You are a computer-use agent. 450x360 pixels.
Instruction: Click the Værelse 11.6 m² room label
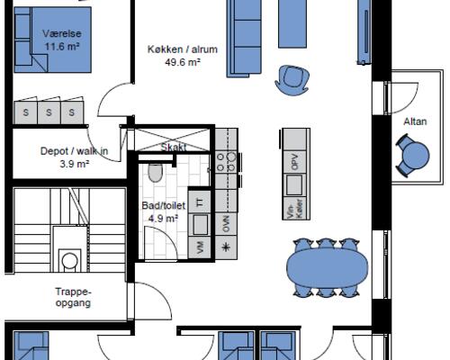tap(62, 40)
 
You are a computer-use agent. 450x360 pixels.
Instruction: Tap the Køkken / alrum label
tap(183, 49)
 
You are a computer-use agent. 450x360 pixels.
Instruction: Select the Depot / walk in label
tap(74, 151)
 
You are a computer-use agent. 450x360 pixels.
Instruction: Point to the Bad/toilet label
tap(164, 206)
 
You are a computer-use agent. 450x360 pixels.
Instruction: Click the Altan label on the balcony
tap(415, 121)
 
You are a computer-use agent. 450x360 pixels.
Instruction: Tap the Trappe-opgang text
tap(73, 297)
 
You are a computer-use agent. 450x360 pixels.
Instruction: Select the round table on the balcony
tap(416, 156)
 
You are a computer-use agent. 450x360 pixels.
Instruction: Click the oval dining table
tap(328, 268)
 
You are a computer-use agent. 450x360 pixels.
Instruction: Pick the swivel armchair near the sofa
tap(292, 80)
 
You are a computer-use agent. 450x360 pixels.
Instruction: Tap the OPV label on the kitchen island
tap(295, 161)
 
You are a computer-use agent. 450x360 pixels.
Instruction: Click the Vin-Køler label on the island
tap(293, 208)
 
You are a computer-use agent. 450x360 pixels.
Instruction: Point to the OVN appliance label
tap(226, 224)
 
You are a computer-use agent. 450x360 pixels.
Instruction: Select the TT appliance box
tap(199, 202)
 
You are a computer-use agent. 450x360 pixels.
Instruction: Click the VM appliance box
tap(199, 247)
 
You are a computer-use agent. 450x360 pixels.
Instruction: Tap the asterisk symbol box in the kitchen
tap(226, 247)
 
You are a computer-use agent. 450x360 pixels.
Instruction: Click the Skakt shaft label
tap(174, 148)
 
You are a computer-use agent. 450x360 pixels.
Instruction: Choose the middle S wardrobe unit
tap(49, 112)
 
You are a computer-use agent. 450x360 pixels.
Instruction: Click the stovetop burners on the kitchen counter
tap(226, 162)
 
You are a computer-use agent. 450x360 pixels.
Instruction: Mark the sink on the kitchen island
tap(294, 184)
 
